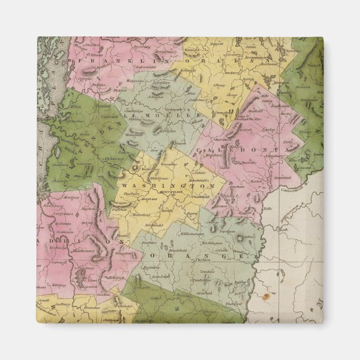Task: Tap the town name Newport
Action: click(x=215, y=42)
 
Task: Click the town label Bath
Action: click(x=283, y=229)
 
